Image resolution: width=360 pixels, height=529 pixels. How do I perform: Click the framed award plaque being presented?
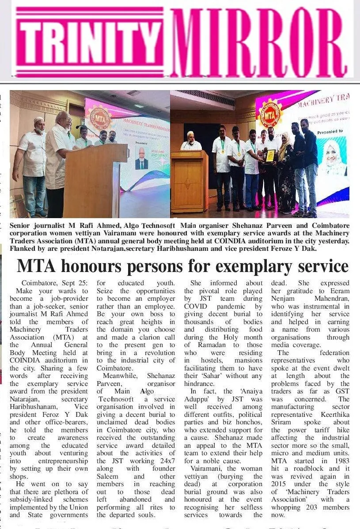(x=270, y=156)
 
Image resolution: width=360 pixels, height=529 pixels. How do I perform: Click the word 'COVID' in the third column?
(x=196, y=306)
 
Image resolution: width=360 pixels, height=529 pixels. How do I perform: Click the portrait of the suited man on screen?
(x=142, y=159)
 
